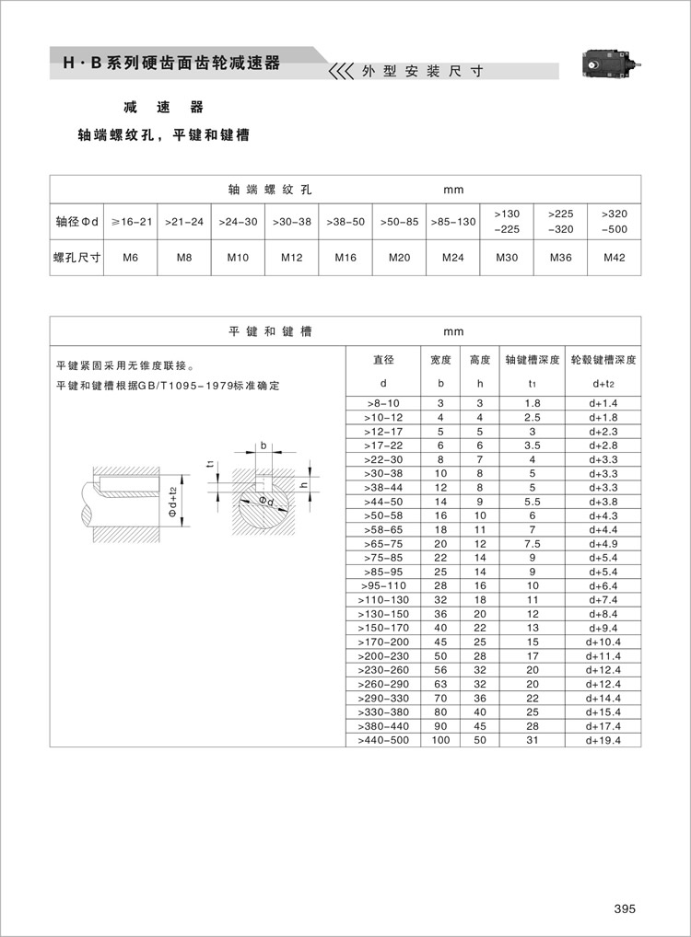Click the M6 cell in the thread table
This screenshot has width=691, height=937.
tap(131, 258)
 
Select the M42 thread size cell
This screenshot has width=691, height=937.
tap(614, 258)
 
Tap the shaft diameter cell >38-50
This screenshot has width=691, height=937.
tap(345, 222)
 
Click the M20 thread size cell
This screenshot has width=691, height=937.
tap(399, 258)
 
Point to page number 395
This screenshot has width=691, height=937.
tap(625, 908)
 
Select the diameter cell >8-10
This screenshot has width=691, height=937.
tap(383, 404)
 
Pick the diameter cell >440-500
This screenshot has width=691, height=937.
tap(383, 740)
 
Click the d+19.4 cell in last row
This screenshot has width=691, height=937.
tap(603, 740)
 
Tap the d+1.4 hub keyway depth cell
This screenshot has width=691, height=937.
tap(603, 404)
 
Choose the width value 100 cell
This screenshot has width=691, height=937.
tap(440, 740)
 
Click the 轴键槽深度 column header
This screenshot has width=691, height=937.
tap(532, 360)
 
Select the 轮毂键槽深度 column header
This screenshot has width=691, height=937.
tap(603, 360)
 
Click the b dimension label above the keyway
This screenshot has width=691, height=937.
tap(264, 445)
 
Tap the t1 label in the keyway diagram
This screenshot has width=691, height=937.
tap(210, 464)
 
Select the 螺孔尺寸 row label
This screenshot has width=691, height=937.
tap(76, 258)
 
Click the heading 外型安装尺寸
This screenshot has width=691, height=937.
tap(422, 71)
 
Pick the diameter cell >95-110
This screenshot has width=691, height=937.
tap(383, 585)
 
